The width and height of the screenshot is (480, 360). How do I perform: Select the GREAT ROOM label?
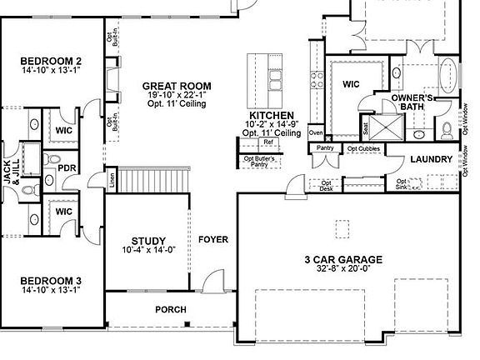coord(176,86)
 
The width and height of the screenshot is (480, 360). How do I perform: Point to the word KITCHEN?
coord(272,115)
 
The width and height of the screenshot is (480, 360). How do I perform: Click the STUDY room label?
coord(148,241)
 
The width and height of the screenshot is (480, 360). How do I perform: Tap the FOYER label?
coord(212,240)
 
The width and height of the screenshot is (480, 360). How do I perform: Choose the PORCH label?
coord(171,310)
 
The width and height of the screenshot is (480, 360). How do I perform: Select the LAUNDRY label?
coord(432,159)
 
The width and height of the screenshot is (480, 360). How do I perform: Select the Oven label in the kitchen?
coord(315,133)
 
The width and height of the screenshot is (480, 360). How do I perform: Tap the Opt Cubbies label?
coord(363,149)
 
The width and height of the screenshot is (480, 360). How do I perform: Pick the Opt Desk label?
coord(326,186)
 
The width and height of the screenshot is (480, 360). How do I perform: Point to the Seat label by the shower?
coord(365,127)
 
